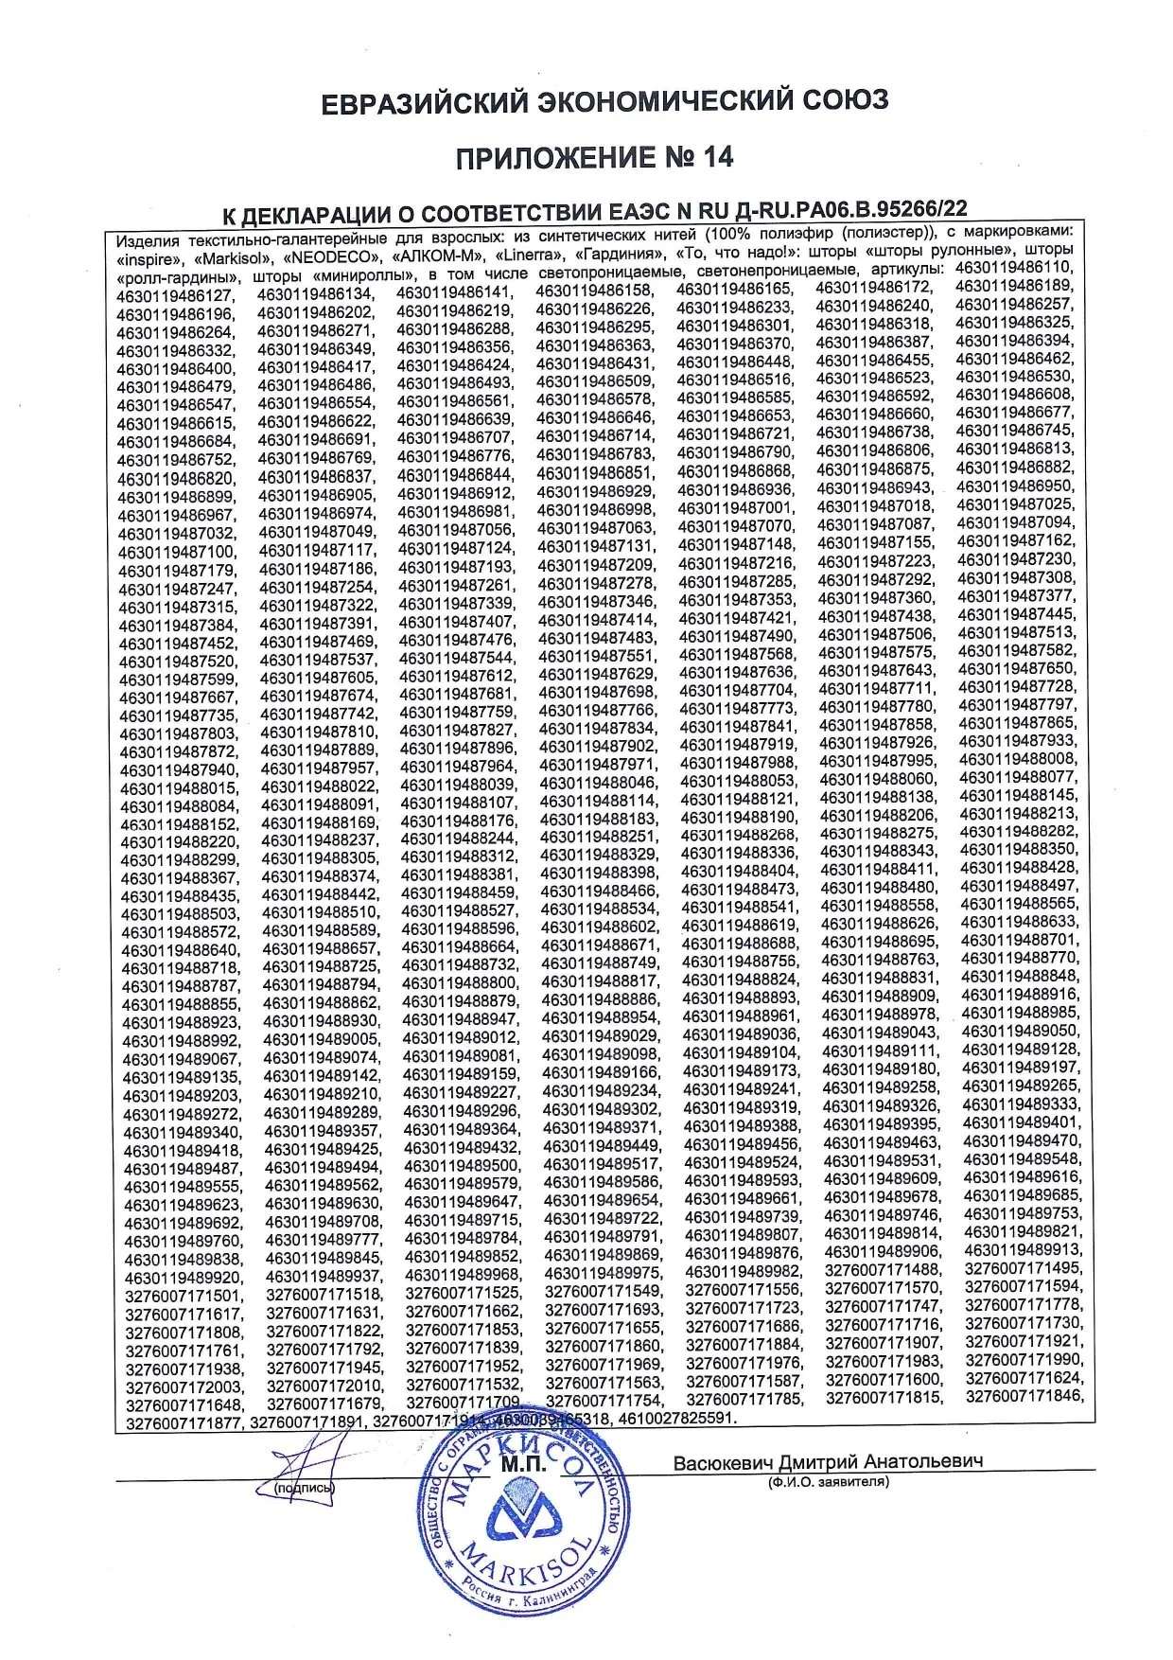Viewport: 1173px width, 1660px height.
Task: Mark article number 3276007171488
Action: click(883, 1270)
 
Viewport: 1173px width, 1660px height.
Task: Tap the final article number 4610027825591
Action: click(674, 1419)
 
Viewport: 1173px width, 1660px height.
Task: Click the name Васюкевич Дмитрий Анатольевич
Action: click(828, 1461)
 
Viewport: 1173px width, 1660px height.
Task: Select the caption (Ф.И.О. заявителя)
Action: click(829, 1482)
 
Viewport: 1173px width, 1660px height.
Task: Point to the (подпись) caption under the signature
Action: click(304, 1489)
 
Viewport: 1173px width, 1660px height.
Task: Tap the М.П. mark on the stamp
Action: click(522, 1464)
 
